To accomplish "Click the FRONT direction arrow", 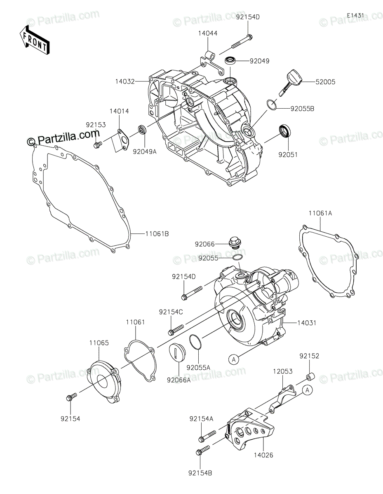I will point(34,40).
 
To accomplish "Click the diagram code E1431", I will point(355,15).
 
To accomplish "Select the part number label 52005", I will point(326,82).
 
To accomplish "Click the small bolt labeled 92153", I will point(98,144).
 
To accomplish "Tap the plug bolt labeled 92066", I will point(235,244).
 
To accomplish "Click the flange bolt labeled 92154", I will point(70,397).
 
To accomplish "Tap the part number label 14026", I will point(264,455).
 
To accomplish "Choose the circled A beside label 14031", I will point(233,359).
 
